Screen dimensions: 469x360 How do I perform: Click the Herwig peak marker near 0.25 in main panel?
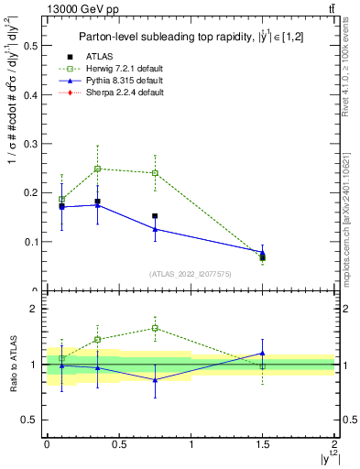97,169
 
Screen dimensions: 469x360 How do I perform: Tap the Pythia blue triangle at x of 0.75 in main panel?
155,229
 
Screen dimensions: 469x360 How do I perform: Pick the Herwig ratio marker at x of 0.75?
155,328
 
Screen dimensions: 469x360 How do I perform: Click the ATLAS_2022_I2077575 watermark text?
189,274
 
